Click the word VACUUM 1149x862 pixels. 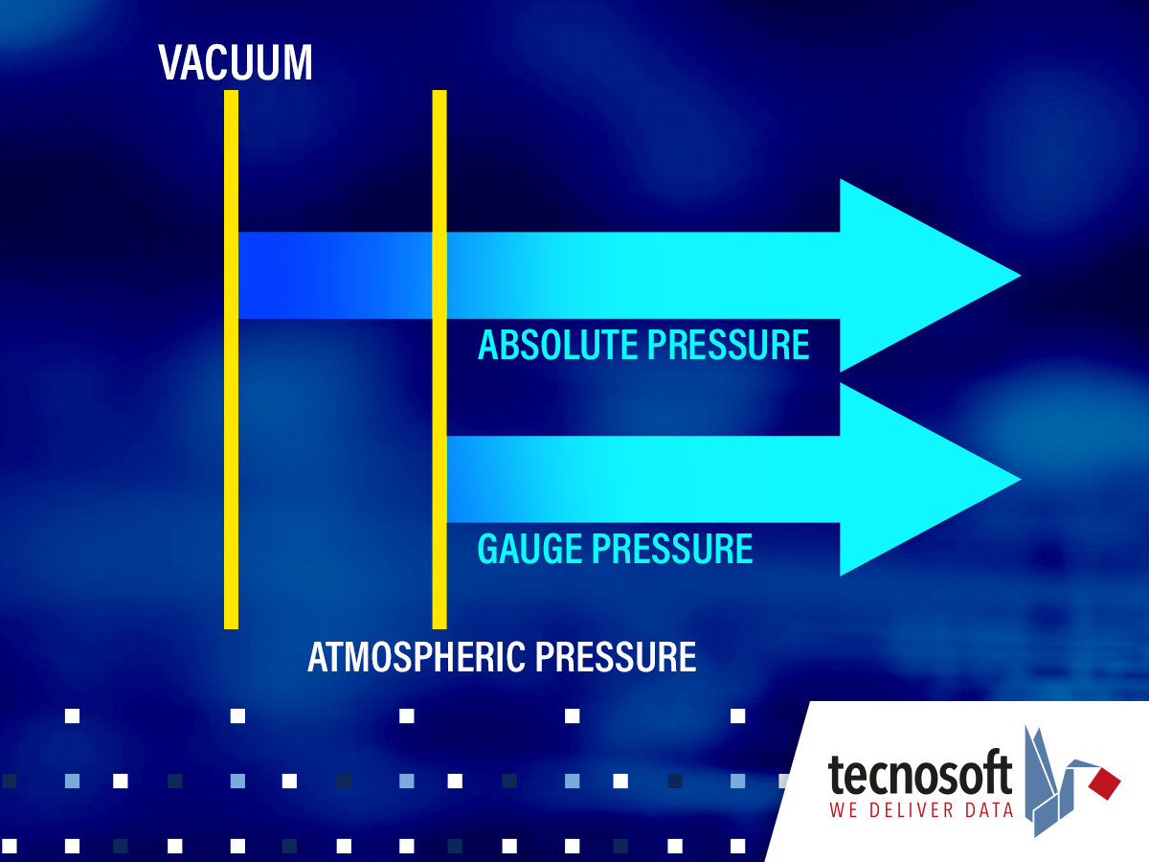[236, 62]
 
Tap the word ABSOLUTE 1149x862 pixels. [558, 345]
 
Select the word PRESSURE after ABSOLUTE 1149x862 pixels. [729, 345]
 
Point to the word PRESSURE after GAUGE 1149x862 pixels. [673, 549]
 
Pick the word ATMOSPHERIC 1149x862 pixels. [417, 657]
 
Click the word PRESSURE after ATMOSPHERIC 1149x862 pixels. [616, 657]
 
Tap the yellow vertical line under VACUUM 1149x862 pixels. [231, 359]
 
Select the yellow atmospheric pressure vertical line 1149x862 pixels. [439, 359]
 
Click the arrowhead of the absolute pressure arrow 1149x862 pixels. [911, 275]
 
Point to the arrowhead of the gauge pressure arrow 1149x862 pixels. [911, 480]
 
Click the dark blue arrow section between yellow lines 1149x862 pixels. [335, 275]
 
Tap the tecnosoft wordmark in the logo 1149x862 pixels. [919, 776]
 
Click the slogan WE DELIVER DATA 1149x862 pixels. [921, 810]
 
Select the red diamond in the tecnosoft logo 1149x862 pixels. [1105, 783]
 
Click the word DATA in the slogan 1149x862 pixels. [989, 810]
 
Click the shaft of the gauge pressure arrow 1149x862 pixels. [643, 480]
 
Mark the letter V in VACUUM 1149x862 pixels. [170, 62]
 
